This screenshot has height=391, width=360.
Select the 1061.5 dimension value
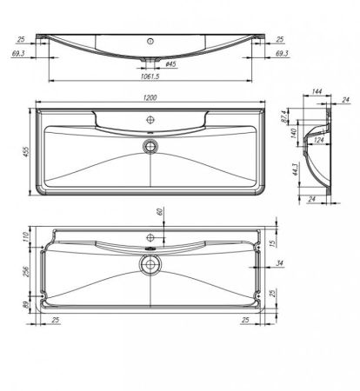(150, 76)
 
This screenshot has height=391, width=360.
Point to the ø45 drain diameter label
(172, 64)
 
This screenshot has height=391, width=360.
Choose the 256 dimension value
(26, 273)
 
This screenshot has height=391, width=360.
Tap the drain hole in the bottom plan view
(150, 264)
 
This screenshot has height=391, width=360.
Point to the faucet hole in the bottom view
(150, 236)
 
